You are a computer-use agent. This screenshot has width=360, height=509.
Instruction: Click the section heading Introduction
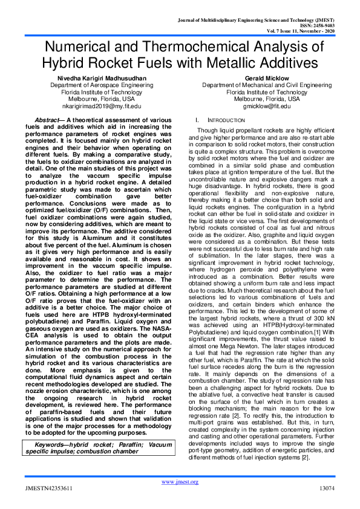pos(211,121)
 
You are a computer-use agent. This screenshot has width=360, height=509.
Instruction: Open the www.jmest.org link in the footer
pos(180,481)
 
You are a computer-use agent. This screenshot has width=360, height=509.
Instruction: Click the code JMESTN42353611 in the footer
pos(48,487)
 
